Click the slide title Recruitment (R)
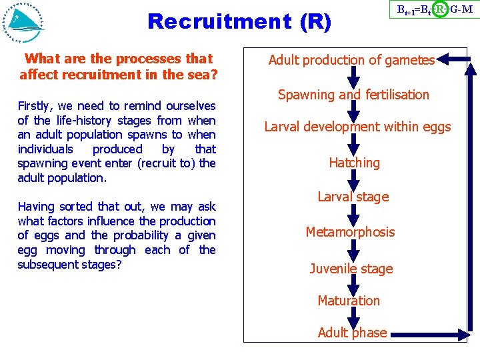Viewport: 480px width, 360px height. pyautogui.click(x=239, y=21)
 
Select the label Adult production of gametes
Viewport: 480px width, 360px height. pyautogui.click(x=351, y=61)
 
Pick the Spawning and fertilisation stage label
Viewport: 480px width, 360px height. pyautogui.click(x=353, y=95)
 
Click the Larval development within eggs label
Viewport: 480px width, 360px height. pyautogui.click(x=357, y=127)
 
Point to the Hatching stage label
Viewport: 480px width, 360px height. pyautogui.click(x=354, y=163)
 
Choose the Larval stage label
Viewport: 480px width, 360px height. pyautogui.click(x=353, y=197)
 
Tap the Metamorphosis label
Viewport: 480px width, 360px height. pyautogui.click(x=350, y=232)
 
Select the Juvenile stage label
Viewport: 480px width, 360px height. pyautogui.click(x=351, y=269)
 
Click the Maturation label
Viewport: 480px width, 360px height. pyautogui.click(x=349, y=301)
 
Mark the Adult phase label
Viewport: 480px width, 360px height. pyautogui.click(x=352, y=333)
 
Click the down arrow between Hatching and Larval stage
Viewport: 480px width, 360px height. pyautogui.click(x=354, y=179)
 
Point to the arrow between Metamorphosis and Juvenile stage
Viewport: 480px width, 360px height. pyautogui.click(x=354, y=250)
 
